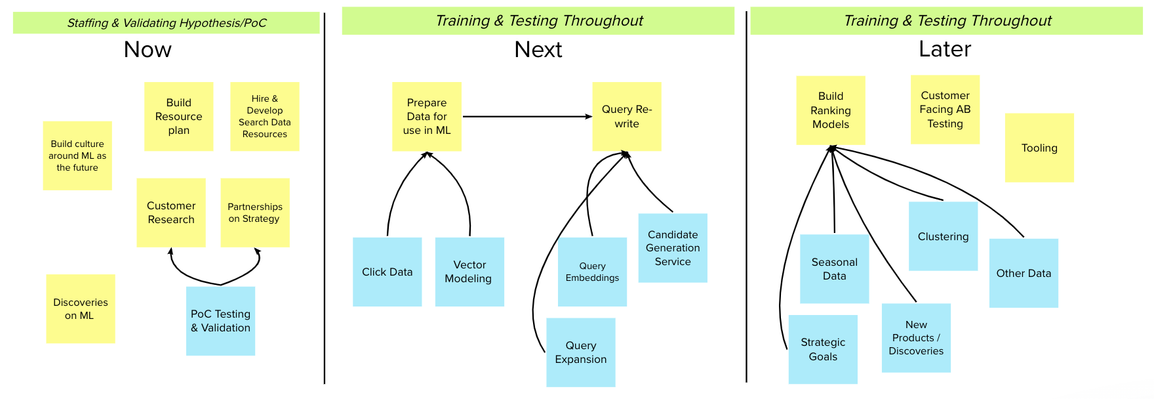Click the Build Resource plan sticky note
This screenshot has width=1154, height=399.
click(x=178, y=116)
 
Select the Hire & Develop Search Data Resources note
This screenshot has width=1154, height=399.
click(x=264, y=116)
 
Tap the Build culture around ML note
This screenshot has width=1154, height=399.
click(x=77, y=156)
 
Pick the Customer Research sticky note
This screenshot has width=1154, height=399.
click(x=170, y=213)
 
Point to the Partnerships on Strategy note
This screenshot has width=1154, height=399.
click(x=254, y=213)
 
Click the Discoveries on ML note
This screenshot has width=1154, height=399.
click(x=80, y=308)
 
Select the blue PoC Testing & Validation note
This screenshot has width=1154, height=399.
click(x=220, y=321)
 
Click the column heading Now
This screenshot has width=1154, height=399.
click(x=148, y=50)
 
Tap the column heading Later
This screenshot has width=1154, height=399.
click(x=944, y=49)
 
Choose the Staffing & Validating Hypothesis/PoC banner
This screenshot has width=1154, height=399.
click(x=167, y=23)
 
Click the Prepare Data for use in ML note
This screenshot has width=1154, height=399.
click(x=426, y=116)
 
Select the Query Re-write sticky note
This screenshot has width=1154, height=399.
click(x=626, y=116)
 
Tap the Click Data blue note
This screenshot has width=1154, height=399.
click(x=387, y=272)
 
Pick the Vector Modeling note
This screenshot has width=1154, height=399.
click(x=469, y=272)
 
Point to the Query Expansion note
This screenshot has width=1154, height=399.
click(x=580, y=352)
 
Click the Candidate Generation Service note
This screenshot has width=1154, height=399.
click(x=673, y=248)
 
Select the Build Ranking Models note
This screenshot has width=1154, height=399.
click(x=830, y=110)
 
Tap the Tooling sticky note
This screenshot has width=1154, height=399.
click(x=1039, y=148)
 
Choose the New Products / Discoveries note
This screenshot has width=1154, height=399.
click(x=916, y=338)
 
